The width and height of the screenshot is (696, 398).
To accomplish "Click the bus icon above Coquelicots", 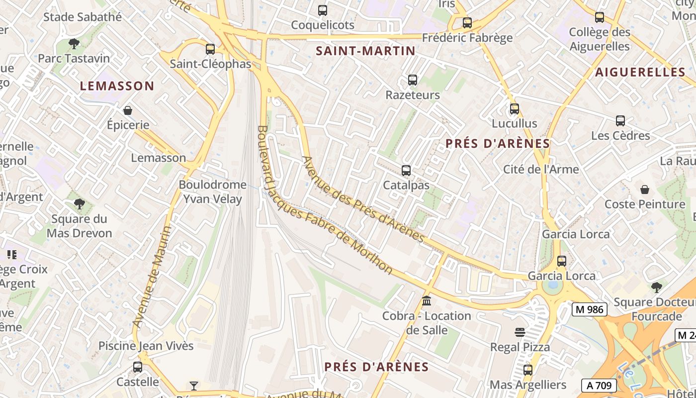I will (323, 10).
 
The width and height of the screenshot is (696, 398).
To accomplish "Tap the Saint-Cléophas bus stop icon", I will (210, 49).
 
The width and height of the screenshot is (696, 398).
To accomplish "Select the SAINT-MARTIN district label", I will (365, 51).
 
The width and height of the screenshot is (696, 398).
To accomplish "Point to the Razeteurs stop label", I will (413, 95).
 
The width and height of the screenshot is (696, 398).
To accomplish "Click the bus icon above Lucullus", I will (515, 108).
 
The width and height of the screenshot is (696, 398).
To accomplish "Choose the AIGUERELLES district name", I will (640, 72).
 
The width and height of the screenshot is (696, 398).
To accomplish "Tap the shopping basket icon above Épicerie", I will (128, 110).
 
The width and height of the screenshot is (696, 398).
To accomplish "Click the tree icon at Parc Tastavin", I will (74, 44).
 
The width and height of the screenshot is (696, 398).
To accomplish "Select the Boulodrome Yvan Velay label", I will (212, 192).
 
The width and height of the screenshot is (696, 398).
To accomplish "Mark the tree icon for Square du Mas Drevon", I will (79, 203).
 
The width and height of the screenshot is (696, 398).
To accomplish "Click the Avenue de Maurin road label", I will (153, 277).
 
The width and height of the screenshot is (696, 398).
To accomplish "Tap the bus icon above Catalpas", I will (406, 171).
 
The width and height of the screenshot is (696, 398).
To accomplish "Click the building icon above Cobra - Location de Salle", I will (426, 301).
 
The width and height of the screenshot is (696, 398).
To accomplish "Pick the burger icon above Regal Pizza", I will (520, 332).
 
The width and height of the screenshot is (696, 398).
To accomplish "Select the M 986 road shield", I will (591, 309).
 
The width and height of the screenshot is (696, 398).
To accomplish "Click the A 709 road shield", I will (599, 385).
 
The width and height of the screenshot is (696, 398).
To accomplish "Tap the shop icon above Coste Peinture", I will (645, 190).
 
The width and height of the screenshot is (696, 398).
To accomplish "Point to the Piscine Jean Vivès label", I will (146, 346).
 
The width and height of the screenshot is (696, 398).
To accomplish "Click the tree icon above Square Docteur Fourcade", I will (656, 287).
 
